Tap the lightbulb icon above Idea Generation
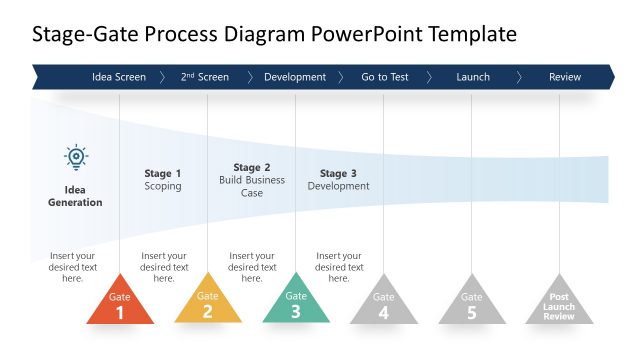coord(76,158)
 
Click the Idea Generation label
coord(76,196)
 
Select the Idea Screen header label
coord(119,77)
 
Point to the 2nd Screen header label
coord(205,77)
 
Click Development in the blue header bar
coord(295,77)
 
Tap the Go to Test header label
coord(385,77)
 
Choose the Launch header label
coord(473,77)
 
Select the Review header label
coord(565,77)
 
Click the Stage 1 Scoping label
coord(163,180)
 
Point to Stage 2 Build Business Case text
coord(252,180)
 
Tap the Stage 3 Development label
coord(339,180)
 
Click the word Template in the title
coord(472,34)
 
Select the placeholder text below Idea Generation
coord(73,267)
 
